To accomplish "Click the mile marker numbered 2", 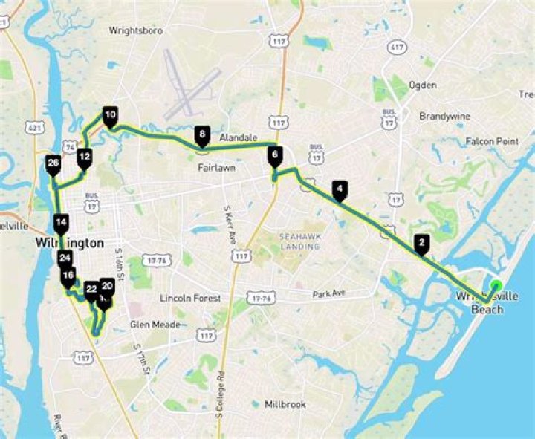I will point(421,243).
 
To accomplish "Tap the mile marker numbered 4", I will point(340,189).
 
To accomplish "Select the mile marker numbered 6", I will point(275,156).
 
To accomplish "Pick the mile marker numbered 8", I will point(201,135).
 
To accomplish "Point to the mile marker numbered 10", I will point(110,116).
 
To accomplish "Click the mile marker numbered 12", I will point(84,157).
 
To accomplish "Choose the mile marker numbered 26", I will point(53,164).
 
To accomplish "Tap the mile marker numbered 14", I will point(61,222).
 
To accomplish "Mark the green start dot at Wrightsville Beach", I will point(496,285).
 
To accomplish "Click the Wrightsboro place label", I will point(135,31).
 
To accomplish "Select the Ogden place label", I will point(423,85).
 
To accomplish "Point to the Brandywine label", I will point(445,117).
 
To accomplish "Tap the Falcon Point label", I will point(492,141).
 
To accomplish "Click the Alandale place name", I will point(238,138).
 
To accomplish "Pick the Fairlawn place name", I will point(216,168).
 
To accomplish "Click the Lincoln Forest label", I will point(190,298).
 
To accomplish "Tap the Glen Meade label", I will point(152,325).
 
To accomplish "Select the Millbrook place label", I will point(286,405).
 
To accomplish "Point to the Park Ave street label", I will point(330,294).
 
